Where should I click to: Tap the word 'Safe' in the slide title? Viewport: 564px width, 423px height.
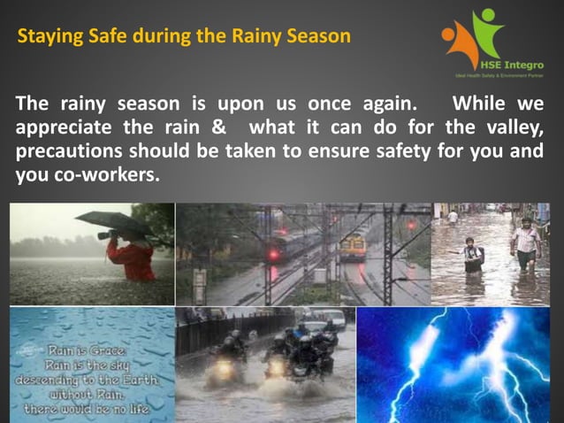[102, 37]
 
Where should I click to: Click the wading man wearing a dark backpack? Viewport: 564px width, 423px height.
[474, 257]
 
